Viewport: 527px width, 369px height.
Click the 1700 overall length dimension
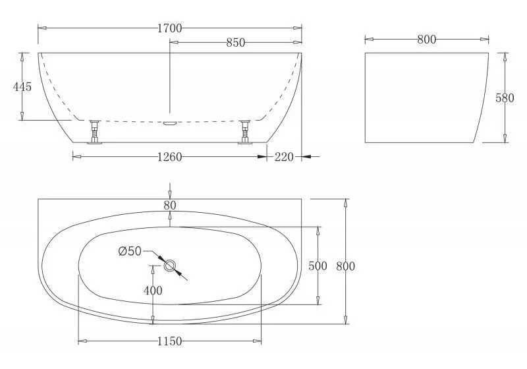pyautogui.click(x=170, y=28)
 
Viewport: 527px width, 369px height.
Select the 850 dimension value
pyautogui.click(x=236, y=43)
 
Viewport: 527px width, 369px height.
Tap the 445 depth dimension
pyautogui.click(x=22, y=87)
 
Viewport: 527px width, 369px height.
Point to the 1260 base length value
pyautogui.click(x=170, y=157)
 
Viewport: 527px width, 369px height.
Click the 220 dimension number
pyautogui.click(x=284, y=157)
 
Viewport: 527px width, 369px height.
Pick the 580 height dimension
pyautogui.click(x=505, y=98)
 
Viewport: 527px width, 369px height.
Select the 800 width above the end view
pyautogui.click(x=426, y=40)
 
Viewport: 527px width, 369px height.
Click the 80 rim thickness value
pyautogui.click(x=170, y=205)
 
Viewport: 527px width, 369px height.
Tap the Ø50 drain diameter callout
pyautogui.click(x=130, y=250)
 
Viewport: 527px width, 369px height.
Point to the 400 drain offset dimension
pyautogui.click(x=153, y=291)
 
